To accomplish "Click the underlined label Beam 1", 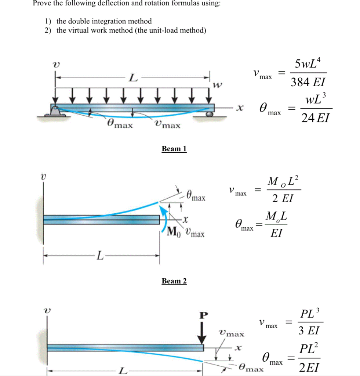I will point(174,149).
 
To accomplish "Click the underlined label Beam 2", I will point(174,281).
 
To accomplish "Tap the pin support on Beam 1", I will point(55,110).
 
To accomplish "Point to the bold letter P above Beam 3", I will point(203,315).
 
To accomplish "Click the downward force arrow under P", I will point(201,332).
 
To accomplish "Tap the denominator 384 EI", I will point(308,83).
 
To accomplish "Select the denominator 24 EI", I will point(315,118).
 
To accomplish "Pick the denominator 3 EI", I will point(308,331).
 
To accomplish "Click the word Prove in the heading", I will point(42,3).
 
